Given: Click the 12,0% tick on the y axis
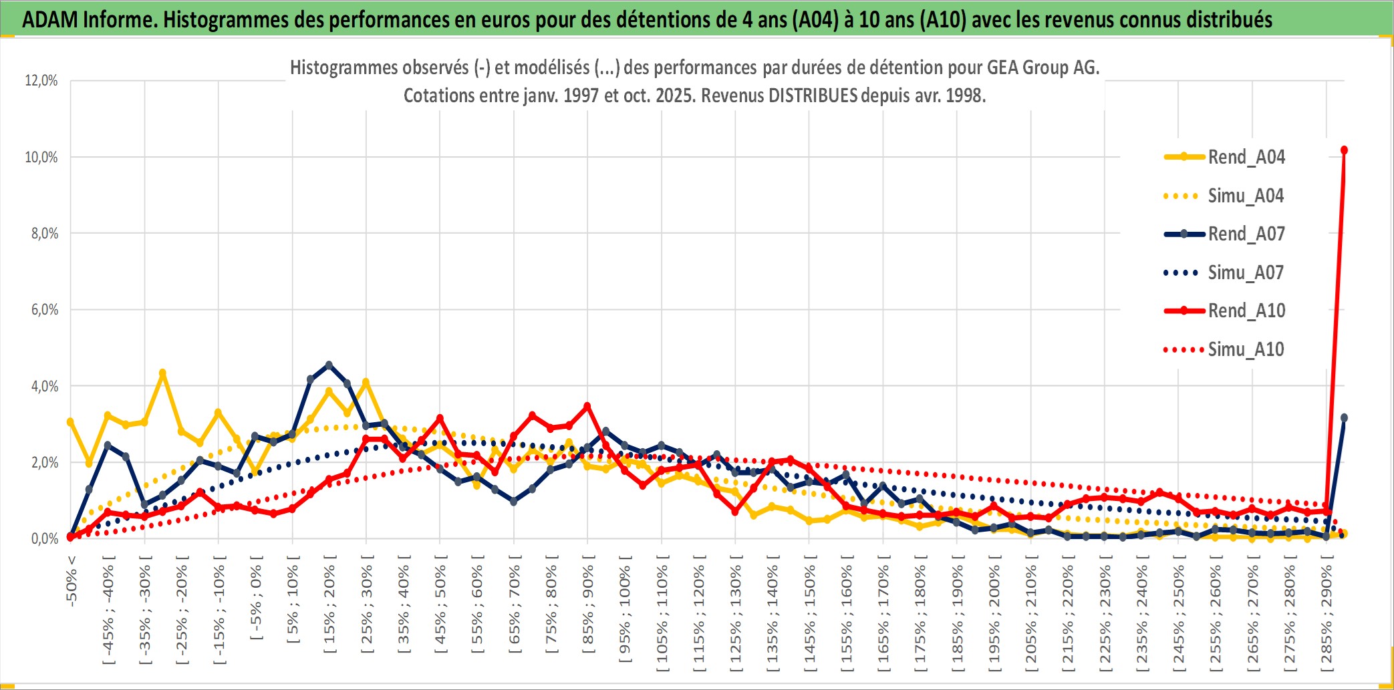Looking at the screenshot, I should [41, 81].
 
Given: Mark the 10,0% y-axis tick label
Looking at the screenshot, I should [41, 157].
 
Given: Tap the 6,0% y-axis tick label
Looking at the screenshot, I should [45, 310].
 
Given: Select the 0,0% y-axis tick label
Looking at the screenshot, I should [45, 538].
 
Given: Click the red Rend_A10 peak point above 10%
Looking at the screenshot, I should [1344, 150].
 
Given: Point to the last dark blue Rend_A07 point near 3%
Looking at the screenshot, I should [1344, 418].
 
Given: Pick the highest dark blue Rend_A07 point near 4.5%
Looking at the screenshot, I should [329, 365].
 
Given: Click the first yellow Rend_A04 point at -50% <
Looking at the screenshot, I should [70, 422].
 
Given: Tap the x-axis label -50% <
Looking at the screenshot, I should [72, 581].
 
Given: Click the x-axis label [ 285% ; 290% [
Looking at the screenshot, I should [1327, 615].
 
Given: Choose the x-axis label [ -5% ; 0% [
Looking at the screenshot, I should [256, 598].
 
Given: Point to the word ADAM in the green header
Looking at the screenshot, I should [50, 19].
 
